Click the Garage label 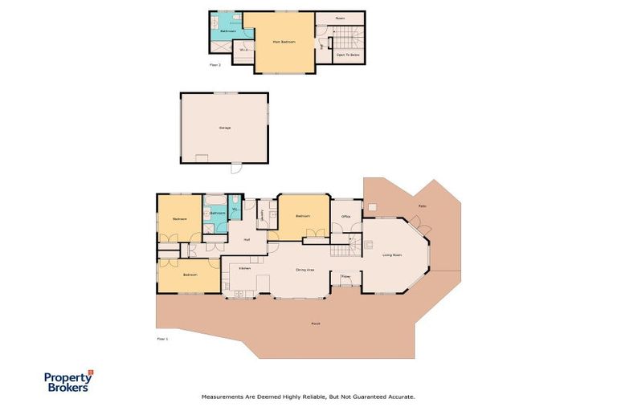tap(224, 128)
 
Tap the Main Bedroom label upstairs tap(284, 41)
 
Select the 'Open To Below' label tap(348, 55)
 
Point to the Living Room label tap(392, 254)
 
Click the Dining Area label tap(304, 270)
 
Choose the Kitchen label tap(245, 268)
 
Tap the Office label tap(345, 216)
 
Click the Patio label tap(422, 206)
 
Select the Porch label tap(315, 324)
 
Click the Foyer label tap(346, 276)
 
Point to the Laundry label tap(262, 214)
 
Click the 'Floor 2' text tap(215, 64)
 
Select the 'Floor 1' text tap(162, 340)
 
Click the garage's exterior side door tap(235, 169)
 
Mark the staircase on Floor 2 tap(345, 36)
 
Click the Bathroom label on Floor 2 tap(227, 31)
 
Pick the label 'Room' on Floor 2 tap(339, 17)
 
